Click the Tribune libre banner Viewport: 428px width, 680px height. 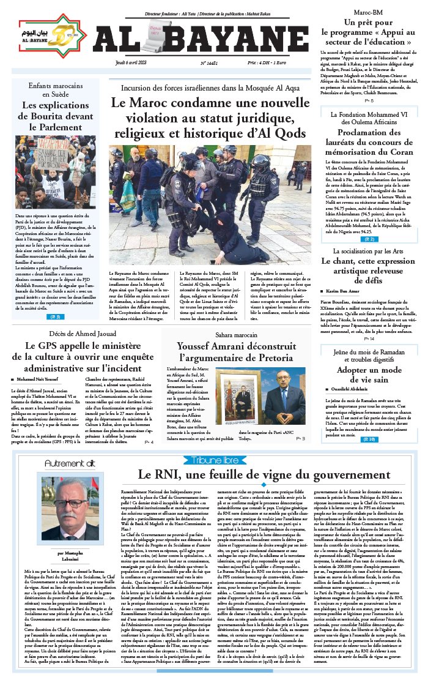pos(214,459)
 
